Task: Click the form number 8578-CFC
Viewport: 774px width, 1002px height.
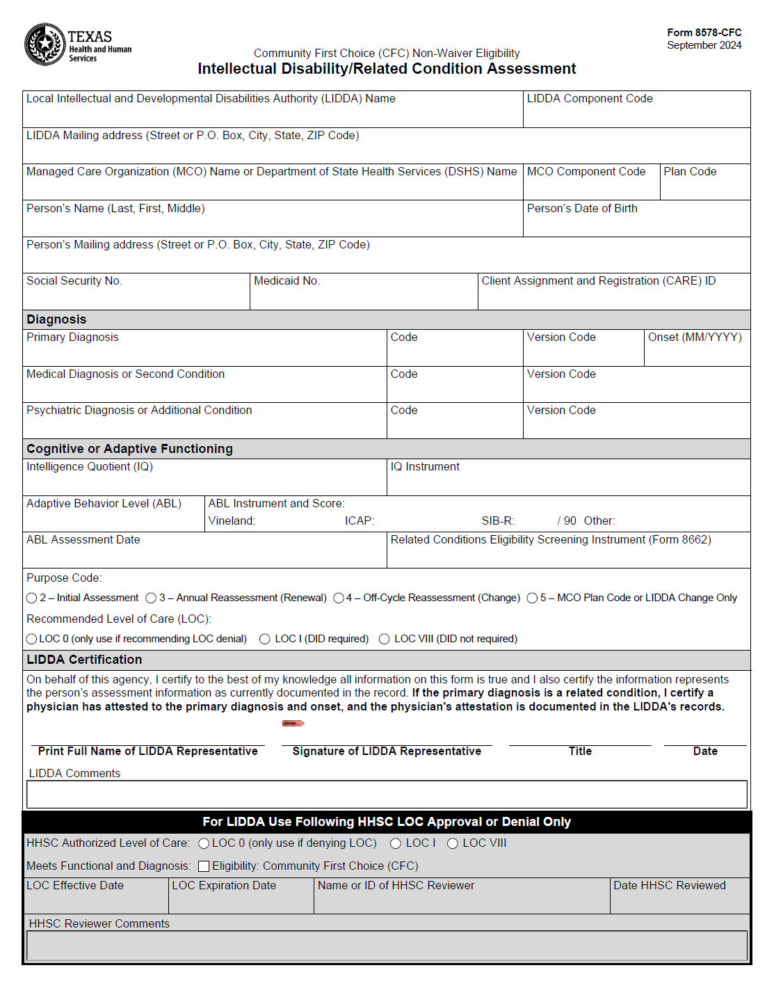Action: click(704, 33)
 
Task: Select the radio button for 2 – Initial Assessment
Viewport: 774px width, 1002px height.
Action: click(31, 598)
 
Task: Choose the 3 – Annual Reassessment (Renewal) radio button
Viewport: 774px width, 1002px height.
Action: click(151, 598)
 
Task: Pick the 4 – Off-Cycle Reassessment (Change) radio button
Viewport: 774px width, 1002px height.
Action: click(339, 598)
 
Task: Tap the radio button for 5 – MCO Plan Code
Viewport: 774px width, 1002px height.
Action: click(532, 598)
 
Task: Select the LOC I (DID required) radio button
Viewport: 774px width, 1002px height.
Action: click(265, 639)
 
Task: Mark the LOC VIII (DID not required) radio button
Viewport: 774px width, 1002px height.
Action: click(384, 639)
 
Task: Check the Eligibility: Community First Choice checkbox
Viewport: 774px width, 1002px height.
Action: click(204, 866)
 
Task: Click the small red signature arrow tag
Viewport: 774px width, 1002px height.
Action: click(293, 724)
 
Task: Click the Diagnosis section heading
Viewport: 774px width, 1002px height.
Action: click(56, 319)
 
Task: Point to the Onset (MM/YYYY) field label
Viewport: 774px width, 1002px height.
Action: click(695, 337)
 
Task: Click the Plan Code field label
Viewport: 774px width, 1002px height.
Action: click(690, 172)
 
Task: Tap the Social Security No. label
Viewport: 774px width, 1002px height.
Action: click(74, 281)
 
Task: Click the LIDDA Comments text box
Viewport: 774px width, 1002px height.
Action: click(387, 795)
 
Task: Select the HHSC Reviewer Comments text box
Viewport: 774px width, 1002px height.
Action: click(387, 946)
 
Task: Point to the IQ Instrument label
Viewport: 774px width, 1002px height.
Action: click(425, 467)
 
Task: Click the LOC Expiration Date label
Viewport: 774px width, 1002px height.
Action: click(224, 886)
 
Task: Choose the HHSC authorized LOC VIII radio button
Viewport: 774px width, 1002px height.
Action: click(453, 844)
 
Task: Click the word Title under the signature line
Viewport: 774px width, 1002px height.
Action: click(580, 751)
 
